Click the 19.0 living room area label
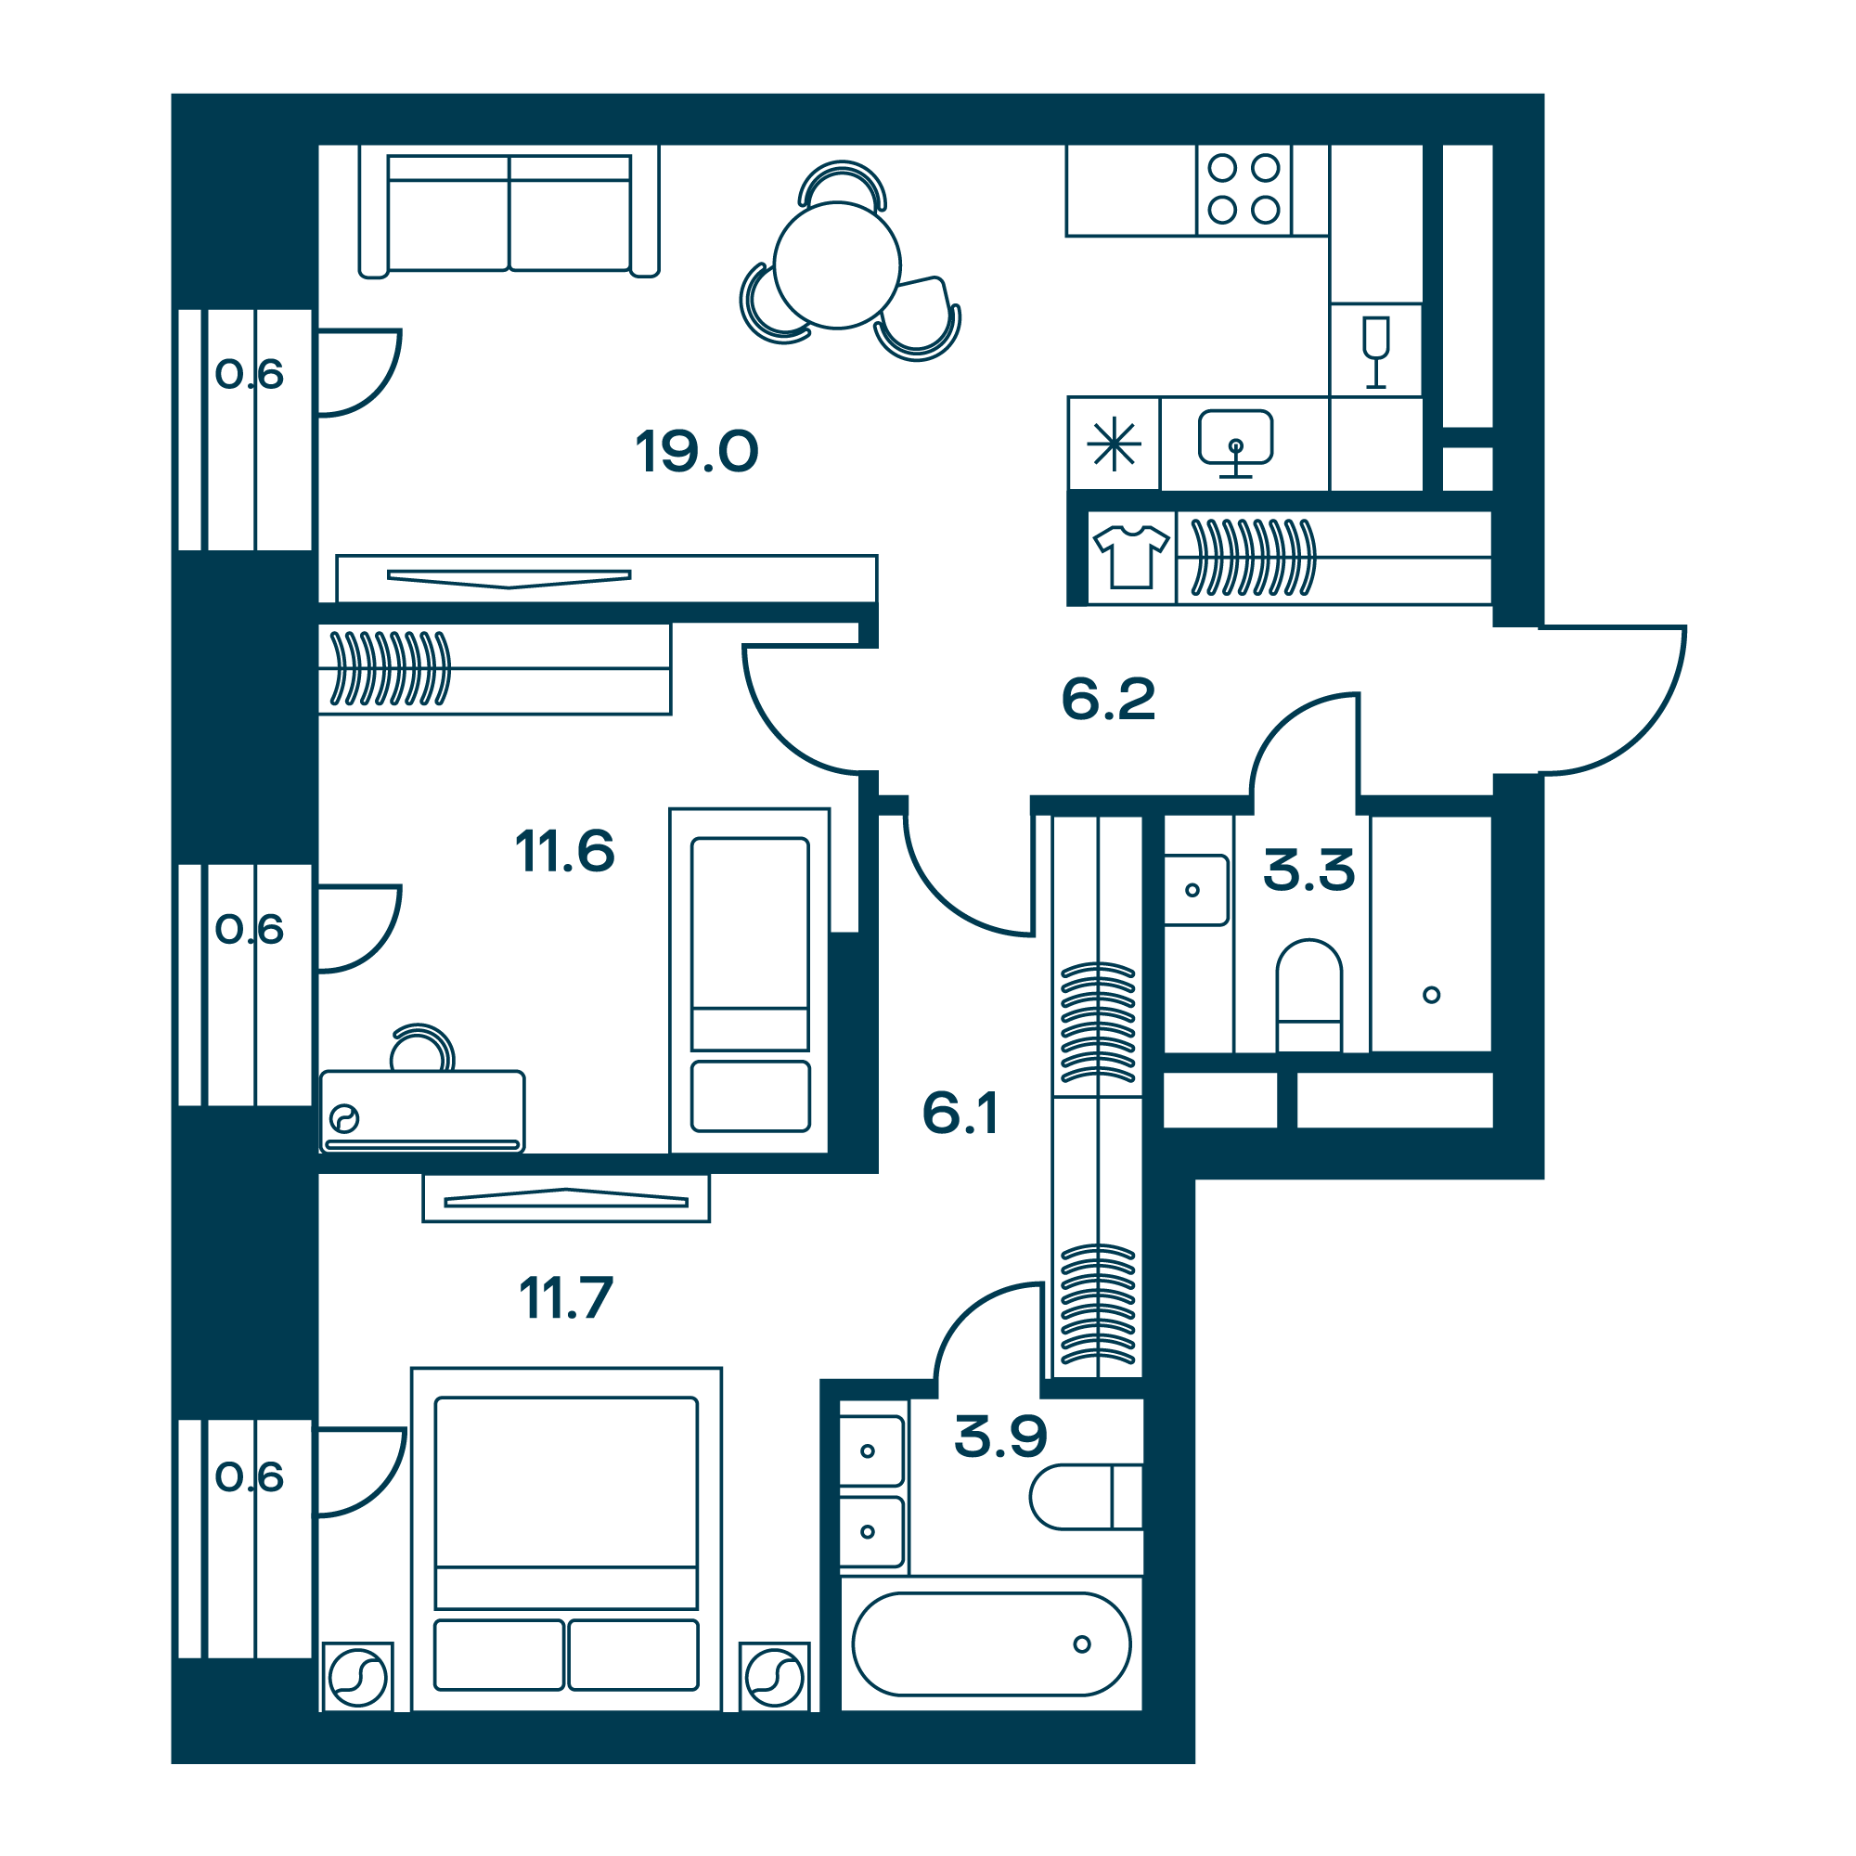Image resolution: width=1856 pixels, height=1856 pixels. (x=697, y=452)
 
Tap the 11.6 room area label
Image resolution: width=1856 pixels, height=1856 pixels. (x=565, y=851)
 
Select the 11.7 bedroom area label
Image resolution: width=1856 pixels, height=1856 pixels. (x=566, y=1299)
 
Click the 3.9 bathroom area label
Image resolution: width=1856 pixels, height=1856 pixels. (x=1000, y=1437)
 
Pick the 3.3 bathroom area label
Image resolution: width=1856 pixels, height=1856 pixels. (x=1308, y=870)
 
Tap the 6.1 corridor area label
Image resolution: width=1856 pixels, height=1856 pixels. (x=960, y=1113)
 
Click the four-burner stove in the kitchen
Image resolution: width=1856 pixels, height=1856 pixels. (x=1244, y=189)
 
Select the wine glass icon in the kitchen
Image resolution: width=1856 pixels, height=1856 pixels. (x=1375, y=352)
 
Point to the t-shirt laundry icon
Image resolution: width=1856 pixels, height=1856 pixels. (x=1131, y=556)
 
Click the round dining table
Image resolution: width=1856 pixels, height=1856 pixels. (x=837, y=265)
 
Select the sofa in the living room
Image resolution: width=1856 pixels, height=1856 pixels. (x=509, y=212)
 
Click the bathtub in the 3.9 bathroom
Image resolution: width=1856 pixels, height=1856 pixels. (x=991, y=1643)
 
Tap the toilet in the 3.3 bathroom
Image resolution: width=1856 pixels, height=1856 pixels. (x=1308, y=995)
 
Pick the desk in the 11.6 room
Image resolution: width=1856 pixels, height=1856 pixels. (x=422, y=1111)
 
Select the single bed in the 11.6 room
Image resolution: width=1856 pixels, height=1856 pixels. (x=749, y=980)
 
